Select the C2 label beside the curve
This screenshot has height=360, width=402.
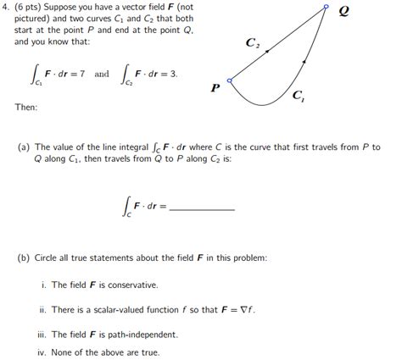click(252, 42)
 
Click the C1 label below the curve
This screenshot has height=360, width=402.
click(299, 96)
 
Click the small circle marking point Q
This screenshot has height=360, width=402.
click(326, 8)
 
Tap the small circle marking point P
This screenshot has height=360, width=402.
click(230, 79)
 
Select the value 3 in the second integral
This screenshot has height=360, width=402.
click(174, 74)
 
